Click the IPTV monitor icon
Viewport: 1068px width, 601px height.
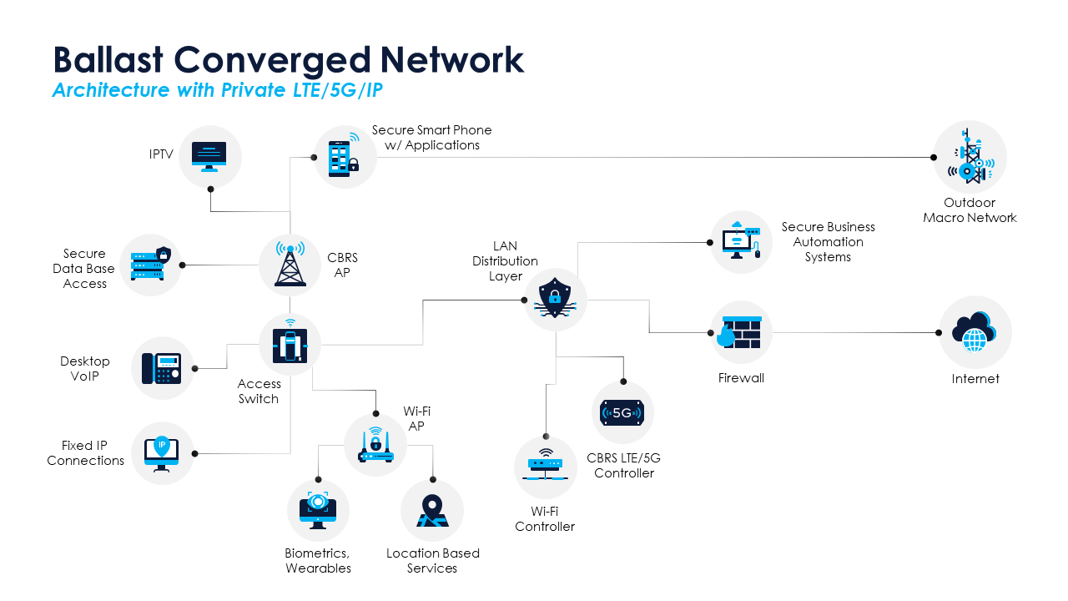[x=210, y=156]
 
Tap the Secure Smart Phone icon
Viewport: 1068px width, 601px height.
[x=345, y=157]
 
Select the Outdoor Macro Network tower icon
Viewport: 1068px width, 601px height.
[x=970, y=158]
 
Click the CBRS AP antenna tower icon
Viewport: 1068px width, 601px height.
[x=290, y=265]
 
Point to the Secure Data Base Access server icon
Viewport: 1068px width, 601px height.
[x=151, y=265]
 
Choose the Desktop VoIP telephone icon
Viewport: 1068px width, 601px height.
[x=163, y=368]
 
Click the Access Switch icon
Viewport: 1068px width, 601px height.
[x=290, y=345]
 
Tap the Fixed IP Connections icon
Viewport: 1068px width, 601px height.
[x=162, y=453]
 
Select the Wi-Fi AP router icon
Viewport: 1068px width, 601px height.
[x=375, y=445]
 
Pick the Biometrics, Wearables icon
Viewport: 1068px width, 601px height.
[x=318, y=510]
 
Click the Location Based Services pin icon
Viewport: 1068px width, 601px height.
[x=431, y=511]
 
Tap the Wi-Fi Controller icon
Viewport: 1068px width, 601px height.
[x=546, y=467]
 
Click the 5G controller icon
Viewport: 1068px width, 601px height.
[x=622, y=412]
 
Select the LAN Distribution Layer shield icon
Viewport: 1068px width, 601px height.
[x=556, y=300]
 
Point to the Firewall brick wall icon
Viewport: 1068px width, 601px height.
[x=741, y=332]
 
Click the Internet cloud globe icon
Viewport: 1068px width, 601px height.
[x=975, y=332]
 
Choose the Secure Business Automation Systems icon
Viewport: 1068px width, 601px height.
[x=741, y=242]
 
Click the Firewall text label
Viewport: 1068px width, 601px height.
[x=741, y=378]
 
